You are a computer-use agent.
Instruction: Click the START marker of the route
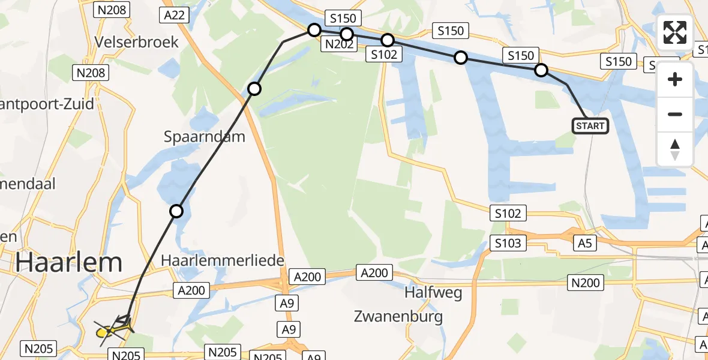[590, 126]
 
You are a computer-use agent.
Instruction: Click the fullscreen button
[675, 32]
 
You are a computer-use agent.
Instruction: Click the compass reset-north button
[675, 149]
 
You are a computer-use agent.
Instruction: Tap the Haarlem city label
[69, 263]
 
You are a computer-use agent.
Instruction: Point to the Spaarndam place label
[205, 136]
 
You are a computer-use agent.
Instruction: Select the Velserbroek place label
[137, 41]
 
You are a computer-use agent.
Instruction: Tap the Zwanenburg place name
[398, 316]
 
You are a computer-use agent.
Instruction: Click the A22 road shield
[175, 15]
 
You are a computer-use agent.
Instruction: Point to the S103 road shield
[508, 243]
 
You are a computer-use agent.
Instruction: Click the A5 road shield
[586, 242]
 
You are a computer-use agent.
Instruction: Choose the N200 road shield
[586, 283]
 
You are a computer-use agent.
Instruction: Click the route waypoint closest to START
[541, 70]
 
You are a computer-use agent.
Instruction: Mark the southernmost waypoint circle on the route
[176, 211]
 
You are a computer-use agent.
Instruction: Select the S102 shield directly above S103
[508, 212]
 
